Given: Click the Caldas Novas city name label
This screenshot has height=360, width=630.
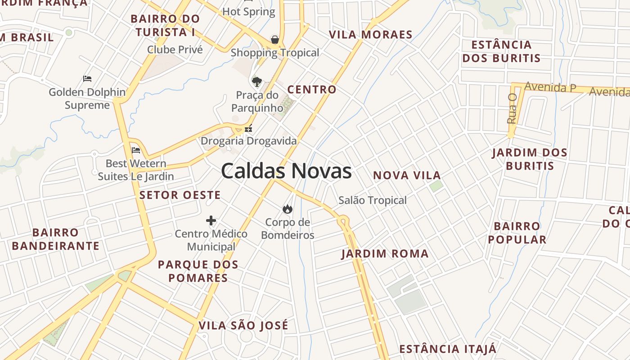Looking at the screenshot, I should point(286,171).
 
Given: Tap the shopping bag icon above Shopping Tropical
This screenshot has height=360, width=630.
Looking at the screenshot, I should point(275,40).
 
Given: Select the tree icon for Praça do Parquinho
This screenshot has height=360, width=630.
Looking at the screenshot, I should point(256,81).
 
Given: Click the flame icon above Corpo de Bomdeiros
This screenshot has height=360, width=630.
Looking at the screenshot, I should point(287,209).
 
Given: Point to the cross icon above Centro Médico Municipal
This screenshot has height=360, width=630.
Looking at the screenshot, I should point(211,220).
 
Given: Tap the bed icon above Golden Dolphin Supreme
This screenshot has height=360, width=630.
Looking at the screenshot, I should point(87,79).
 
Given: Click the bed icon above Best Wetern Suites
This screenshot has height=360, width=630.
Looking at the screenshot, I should point(136,150).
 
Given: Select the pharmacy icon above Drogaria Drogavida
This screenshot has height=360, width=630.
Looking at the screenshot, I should point(248,128).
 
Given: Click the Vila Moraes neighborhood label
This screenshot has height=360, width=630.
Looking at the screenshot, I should point(370,35).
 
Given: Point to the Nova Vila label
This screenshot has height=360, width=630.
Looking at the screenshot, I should point(407,175).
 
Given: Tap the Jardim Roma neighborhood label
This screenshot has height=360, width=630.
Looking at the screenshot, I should point(385,254).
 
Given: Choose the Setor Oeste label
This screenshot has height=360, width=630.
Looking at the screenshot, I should point(180,195).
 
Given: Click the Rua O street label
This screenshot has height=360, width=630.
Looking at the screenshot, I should point(512,108).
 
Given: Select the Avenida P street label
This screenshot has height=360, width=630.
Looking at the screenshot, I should point(550,87).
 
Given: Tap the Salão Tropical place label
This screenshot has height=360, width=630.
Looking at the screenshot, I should point(373,200).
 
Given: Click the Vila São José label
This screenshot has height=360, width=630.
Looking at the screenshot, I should point(243,325).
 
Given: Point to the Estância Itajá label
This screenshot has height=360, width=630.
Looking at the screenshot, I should point(448,349).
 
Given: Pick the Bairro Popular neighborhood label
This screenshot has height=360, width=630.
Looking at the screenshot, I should point(517,233).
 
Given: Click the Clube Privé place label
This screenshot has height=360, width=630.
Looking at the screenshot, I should point(175,49).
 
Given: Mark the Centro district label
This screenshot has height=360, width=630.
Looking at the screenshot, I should point(312,90).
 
